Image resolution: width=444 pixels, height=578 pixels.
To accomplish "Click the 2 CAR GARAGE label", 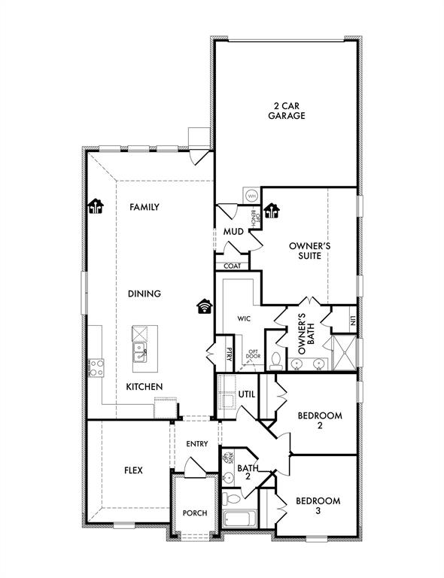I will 289,111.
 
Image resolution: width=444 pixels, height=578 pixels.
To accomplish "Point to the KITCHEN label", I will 144,386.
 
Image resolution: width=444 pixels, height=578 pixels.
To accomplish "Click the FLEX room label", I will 133,470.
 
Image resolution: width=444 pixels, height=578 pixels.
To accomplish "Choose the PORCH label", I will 195,513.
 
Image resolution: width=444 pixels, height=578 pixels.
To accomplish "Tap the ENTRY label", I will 196,444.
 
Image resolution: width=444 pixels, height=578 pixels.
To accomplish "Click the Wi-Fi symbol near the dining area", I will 203,306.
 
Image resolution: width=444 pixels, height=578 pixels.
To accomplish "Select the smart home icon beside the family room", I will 95,205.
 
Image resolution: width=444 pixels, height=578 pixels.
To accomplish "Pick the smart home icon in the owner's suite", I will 271,211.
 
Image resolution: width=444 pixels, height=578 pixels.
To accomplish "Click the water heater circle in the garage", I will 251,195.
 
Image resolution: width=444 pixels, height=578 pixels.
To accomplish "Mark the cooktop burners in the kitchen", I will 97,367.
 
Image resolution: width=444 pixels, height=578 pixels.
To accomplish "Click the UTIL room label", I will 248,394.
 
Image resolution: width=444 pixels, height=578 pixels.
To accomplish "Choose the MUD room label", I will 233,231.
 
